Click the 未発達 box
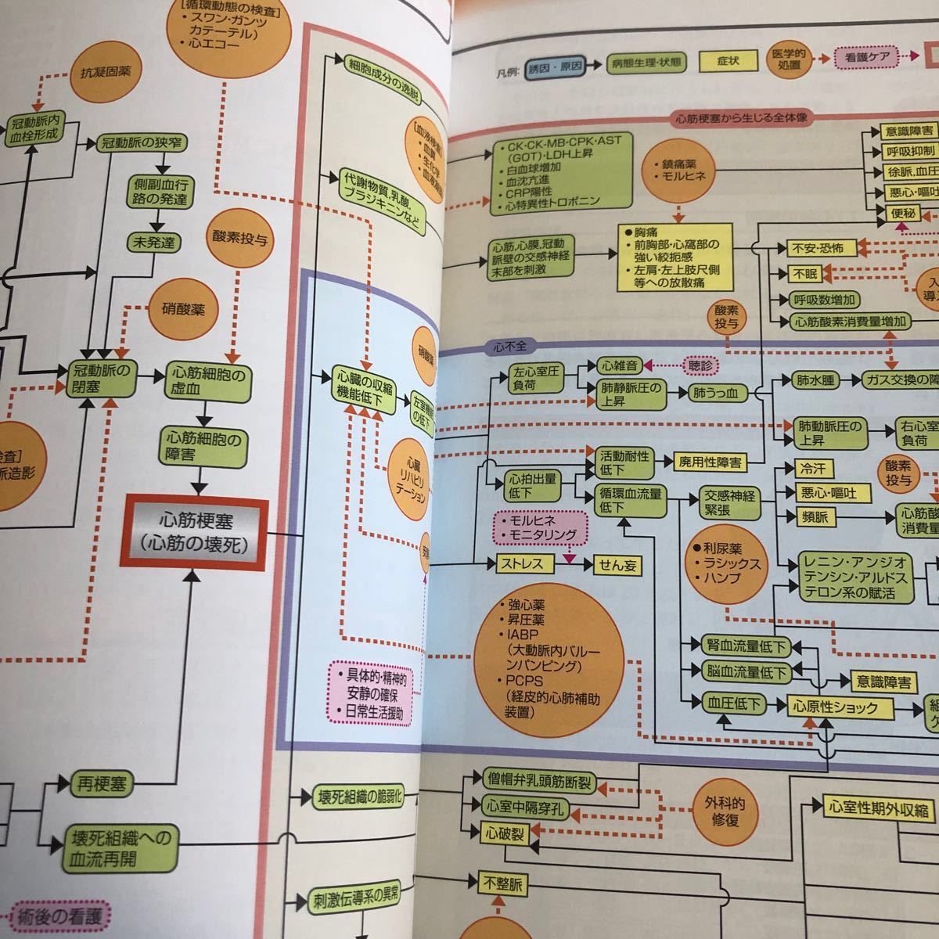tap(155, 243)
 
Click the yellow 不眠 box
tap(804, 274)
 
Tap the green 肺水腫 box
tap(815, 381)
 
